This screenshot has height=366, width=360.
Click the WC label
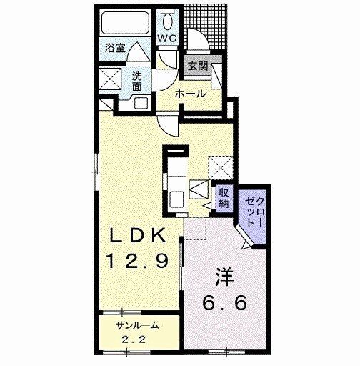click(168, 38)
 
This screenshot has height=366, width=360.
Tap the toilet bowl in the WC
click(168, 20)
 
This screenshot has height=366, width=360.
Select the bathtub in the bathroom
click(125, 23)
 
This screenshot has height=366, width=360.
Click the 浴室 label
click(115, 49)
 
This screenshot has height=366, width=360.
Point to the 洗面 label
click(137, 81)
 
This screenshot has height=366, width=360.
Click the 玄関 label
click(198, 66)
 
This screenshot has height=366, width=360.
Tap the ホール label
click(190, 94)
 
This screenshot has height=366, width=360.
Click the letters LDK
click(138, 235)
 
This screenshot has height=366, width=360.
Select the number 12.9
click(138, 261)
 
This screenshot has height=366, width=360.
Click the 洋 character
click(225, 277)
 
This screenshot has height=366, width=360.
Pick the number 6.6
click(224, 302)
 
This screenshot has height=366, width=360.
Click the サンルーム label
click(137, 325)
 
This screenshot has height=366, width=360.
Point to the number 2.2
click(133, 340)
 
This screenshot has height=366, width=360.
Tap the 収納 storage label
click(224, 198)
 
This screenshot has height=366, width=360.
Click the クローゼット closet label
click(254, 212)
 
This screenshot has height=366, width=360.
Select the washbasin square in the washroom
click(141, 103)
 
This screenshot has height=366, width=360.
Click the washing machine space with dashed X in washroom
click(110, 78)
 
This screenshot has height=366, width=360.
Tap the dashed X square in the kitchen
click(221, 167)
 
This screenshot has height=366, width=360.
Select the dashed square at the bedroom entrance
click(195, 228)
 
